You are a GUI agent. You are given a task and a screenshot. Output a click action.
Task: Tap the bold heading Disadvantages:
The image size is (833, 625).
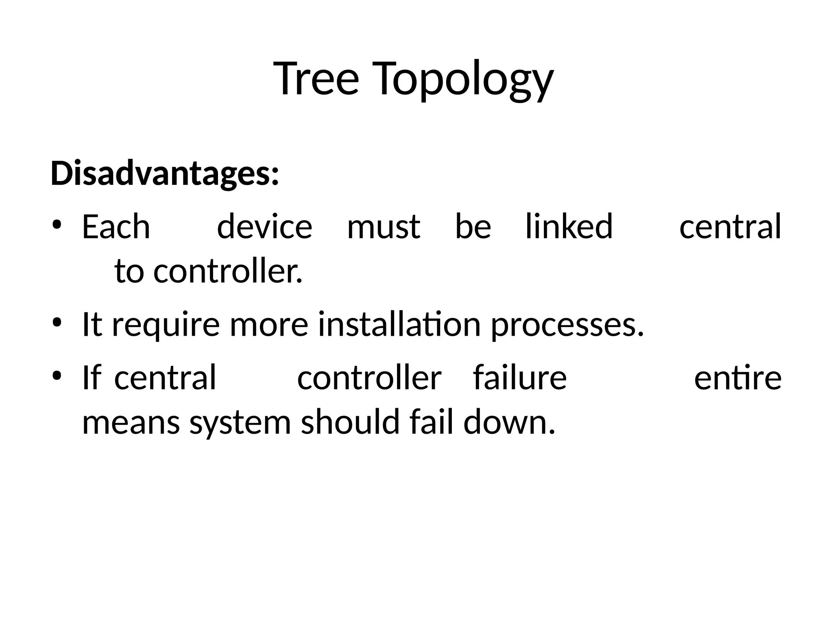[165, 174]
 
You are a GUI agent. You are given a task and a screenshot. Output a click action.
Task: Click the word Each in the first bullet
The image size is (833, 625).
[116, 227]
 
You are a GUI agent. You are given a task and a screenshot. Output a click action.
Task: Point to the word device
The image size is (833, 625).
[264, 227]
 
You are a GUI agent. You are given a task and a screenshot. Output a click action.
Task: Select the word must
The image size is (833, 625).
[384, 227]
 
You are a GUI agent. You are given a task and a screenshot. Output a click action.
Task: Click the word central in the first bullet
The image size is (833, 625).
[730, 227]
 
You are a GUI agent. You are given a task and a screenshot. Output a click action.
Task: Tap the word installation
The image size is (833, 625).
[399, 324]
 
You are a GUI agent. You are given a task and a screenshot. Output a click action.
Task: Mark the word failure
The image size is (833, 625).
[519, 378]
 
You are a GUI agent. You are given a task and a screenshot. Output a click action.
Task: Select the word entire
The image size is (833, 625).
[737, 378]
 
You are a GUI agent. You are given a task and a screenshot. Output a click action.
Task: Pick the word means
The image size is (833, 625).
[131, 423]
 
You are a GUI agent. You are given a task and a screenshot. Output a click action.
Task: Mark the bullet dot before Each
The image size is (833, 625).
[57, 225]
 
